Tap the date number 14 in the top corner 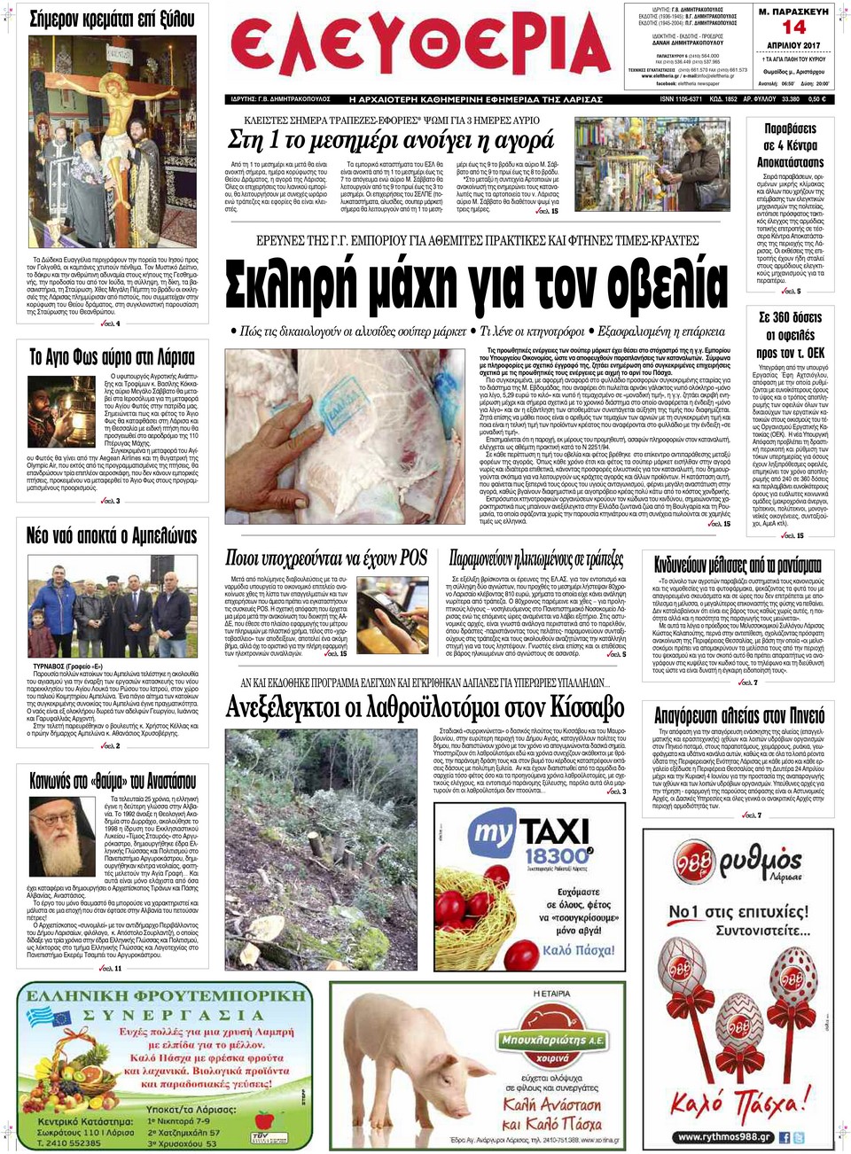point(792,27)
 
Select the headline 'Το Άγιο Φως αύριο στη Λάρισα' point(113,357)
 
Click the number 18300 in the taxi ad point(558,856)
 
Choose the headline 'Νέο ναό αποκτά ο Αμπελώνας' point(112,535)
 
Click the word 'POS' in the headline point(413,558)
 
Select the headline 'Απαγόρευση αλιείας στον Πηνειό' point(739,715)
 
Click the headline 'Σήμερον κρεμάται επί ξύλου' point(112,19)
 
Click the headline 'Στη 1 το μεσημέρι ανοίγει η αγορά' point(391,140)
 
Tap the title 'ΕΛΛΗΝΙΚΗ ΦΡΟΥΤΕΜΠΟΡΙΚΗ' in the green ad point(165,995)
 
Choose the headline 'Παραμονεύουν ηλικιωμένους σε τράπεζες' point(536,558)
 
